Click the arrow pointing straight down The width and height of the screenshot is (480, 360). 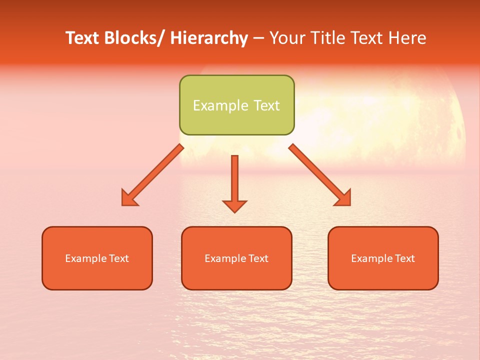234,183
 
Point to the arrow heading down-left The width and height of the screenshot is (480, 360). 152,175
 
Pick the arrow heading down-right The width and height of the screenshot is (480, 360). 320,175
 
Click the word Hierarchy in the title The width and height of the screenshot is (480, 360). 209,38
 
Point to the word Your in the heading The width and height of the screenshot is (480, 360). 286,38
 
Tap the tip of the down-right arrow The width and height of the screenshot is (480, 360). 350,205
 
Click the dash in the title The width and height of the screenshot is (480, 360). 258,38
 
